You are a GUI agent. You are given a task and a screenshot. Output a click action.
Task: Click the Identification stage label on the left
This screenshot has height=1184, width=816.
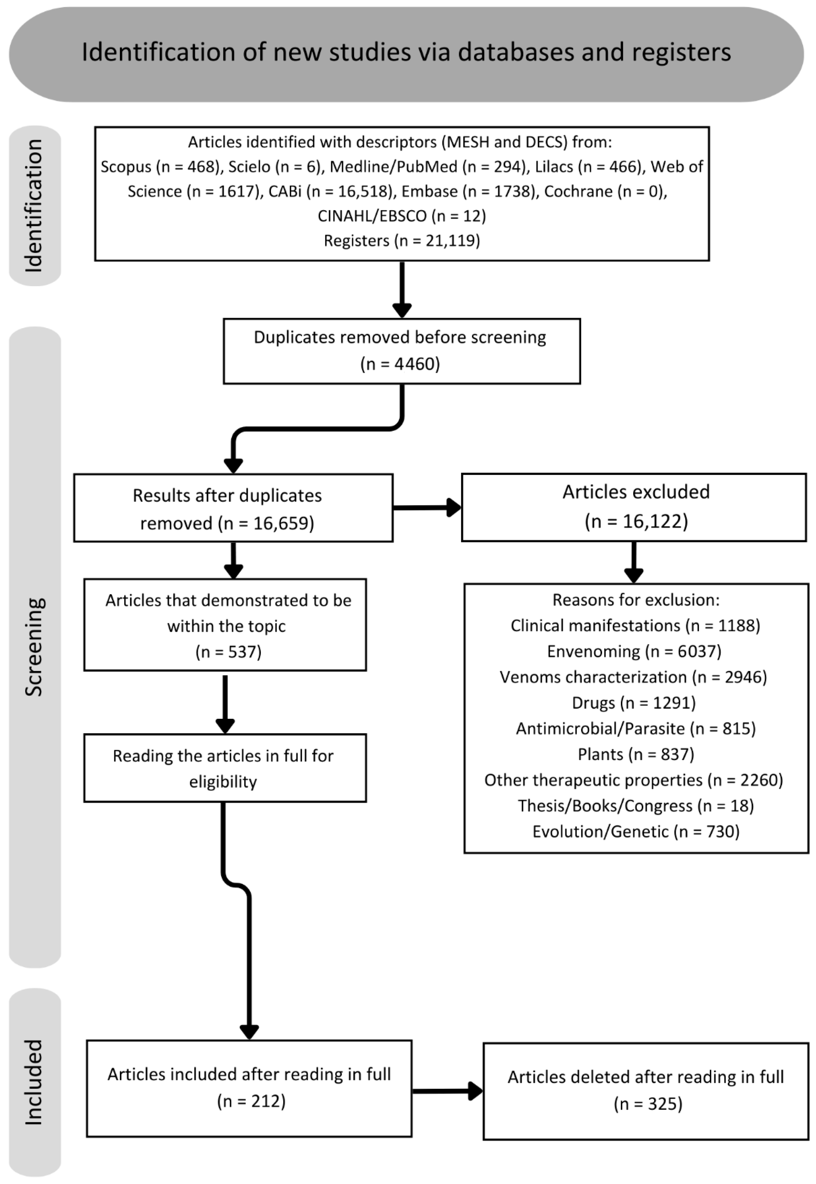coord(34,206)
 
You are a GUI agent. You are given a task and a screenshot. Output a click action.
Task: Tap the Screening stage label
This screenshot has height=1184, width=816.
coord(34,647)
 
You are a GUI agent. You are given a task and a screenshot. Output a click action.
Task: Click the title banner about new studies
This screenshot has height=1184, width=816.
coord(407,54)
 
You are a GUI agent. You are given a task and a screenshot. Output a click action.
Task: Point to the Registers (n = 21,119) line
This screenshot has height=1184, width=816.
coord(402,240)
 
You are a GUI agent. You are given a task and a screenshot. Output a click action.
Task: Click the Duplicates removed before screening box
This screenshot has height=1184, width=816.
coord(402,352)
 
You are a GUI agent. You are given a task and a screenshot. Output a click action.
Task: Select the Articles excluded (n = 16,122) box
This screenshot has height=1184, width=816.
coord(634,508)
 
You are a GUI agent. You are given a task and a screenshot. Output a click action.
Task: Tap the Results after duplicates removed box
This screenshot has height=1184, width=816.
coord(233,508)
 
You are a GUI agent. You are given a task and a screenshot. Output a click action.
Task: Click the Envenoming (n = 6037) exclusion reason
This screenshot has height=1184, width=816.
coord(634,651)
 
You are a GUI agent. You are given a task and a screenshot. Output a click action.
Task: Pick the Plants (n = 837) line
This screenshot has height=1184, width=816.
coord(636,754)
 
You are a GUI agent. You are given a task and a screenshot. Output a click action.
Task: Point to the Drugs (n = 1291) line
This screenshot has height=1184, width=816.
coord(634,703)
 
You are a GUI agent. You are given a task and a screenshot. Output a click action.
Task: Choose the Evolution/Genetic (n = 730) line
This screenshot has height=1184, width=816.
coord(636,832)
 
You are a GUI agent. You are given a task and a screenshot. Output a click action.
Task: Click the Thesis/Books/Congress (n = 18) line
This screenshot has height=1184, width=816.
coord(636,806)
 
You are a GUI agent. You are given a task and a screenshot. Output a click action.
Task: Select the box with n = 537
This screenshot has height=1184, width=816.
coord(225,624)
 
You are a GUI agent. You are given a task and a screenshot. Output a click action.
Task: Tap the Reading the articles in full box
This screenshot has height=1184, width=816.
coord(225,768)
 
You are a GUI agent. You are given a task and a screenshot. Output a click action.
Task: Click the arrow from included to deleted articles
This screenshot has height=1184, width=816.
coord(448,1091)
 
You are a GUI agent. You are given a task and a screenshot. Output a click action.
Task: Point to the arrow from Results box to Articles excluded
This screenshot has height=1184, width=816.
coord(427,508)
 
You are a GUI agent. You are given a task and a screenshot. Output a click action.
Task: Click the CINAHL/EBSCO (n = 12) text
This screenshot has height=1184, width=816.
coord(402,216)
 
